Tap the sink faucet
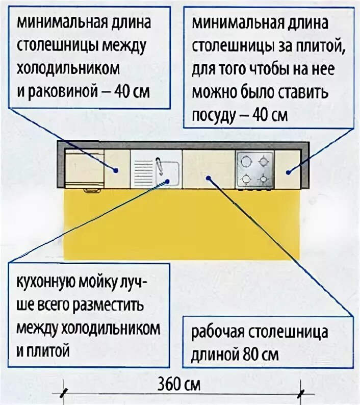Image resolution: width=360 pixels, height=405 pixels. [160, 165]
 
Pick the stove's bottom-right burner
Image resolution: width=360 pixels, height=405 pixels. [264, 179]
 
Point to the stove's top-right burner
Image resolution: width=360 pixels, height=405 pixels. [264, 162]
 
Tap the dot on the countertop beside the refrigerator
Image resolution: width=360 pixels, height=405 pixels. [116, 171]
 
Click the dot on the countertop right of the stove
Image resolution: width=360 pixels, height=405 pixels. [289, 172]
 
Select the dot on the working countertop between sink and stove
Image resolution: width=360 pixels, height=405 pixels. [208, 177]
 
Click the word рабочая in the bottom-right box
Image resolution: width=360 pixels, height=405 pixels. [218, 333]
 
